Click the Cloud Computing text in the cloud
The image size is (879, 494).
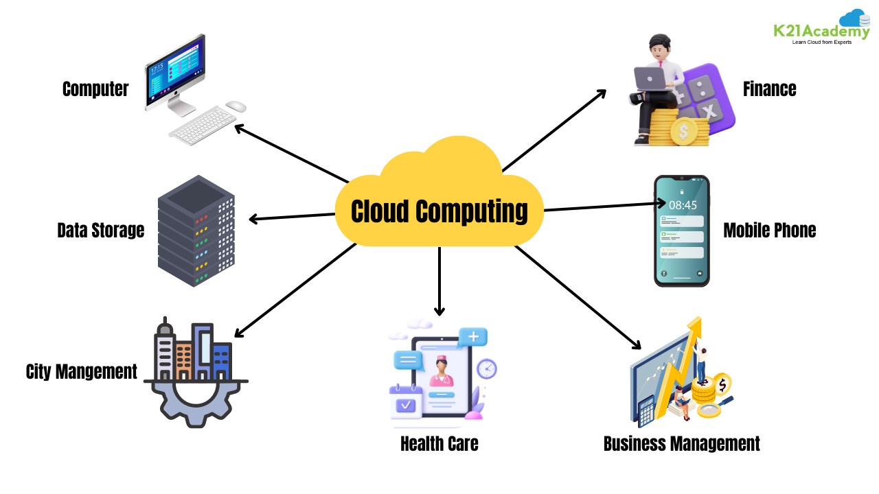(x=439, y=211)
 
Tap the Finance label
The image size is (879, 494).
(x=769, y=89)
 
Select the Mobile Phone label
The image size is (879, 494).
(x=769, y=230)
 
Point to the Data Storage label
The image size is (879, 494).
(x=101, y=230)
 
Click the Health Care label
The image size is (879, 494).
(x=439, y=443)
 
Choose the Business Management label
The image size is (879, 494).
(x=681, y=443)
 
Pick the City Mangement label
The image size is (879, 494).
(x=81, y=371)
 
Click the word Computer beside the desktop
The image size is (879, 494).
(x=95, y=89)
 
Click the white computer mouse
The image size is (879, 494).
(x=236, y=106)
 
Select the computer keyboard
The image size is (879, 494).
(x=203, y=126)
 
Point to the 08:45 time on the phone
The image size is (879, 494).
(x=683, y=204)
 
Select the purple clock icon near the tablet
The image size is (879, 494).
(x=486, y=368)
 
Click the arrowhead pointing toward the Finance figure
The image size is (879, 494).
(x=601, y=92)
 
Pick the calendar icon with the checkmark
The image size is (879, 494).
(x=407, y=403)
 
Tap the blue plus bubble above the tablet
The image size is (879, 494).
(x=472, y=337)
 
